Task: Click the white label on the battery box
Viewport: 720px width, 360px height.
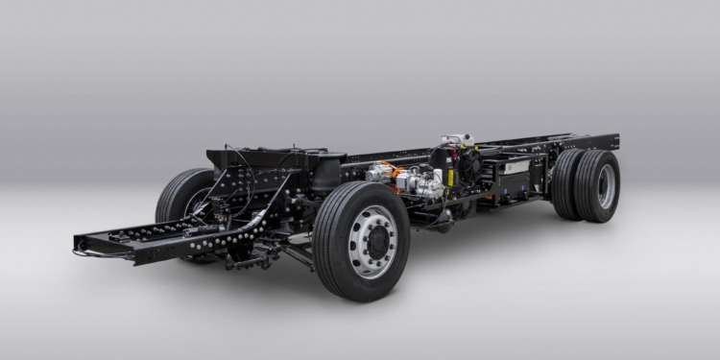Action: pos(516,166)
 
